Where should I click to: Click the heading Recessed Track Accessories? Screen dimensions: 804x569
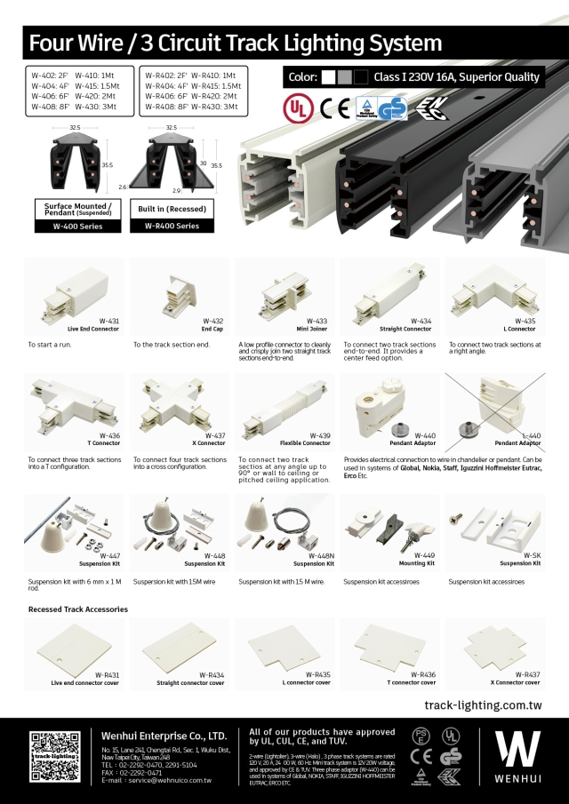(x=78, y=609)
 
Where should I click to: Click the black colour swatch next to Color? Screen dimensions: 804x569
(x=361, y=77)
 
